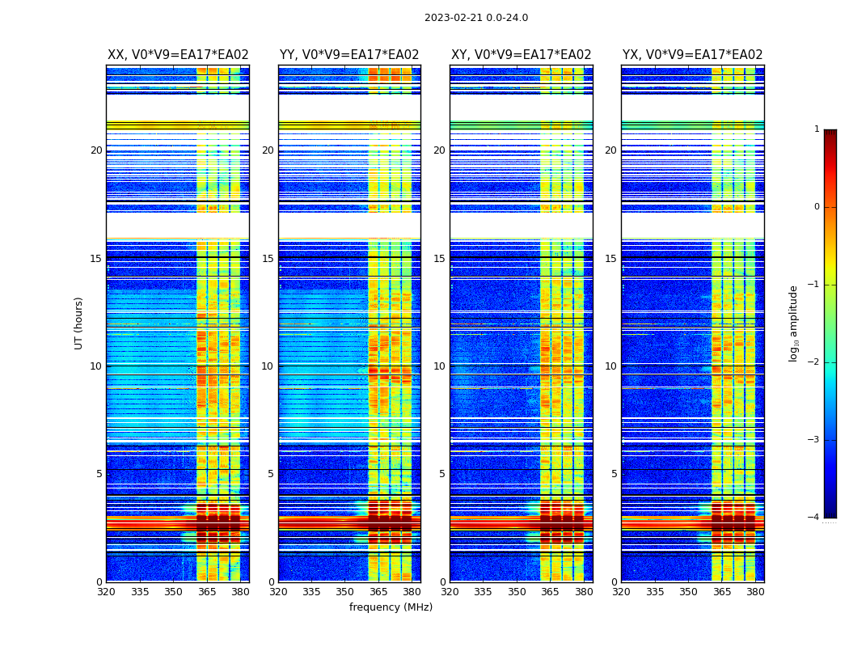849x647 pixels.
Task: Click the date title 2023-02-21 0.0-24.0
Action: click(x=476, y=18)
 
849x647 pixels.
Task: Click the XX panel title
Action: click(x=178, y=55)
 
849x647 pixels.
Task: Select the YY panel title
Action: click(x=349, y=55)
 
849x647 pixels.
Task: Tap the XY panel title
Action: click(x=522, y=55)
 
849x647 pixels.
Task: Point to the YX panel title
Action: click(x=693, y=55)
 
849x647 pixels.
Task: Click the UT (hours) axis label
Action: click(x=78, y=323)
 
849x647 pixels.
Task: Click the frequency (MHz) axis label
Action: click(x=391, y=607)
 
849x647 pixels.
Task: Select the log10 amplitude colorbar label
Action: click(x=793, y=323)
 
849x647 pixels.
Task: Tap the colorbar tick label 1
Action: click(x=817, y=129)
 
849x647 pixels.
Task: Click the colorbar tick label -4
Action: click(x=814, y=518)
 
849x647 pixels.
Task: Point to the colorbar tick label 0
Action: click(x=817, y=207)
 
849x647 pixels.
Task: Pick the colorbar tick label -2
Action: click(x=814, y=362)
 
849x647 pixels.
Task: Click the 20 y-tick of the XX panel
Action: click(x=96, y=150)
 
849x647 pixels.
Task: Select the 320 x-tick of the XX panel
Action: click(x=106, y=592)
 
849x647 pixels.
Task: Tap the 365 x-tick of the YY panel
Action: click(x=378, y=592)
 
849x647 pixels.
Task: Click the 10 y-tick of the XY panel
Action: click(x=440, y=366)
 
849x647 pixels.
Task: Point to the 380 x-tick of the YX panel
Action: click(x=755, y=592)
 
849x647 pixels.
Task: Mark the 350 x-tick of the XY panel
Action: click(x=517, y=592)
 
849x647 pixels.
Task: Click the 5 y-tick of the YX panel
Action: click(x=614, y=474)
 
